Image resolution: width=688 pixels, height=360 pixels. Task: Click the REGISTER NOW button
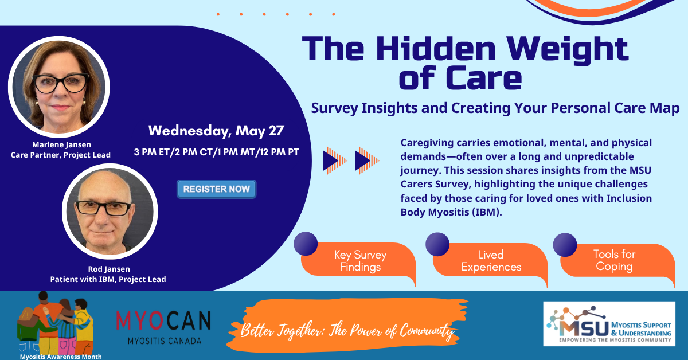[x=217, y=189]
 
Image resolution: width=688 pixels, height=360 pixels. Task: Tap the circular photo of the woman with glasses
[x=58, y=87]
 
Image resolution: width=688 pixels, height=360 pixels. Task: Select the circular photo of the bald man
[x=110, y=212]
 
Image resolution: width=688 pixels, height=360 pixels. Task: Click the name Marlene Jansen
[x=62, y=144]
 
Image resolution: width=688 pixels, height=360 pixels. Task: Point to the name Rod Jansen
[x=109, y=269]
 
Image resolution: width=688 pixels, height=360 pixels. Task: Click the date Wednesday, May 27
[x=216, y=131]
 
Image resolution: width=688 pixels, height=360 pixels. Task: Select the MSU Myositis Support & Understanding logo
[x=609, y=324]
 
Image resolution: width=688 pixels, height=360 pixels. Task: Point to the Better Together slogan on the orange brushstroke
[x=347, y=331]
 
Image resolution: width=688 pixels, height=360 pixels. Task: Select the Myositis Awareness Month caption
[x=61, y=357]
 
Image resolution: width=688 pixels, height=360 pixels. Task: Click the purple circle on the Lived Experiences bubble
[x=437, y=244]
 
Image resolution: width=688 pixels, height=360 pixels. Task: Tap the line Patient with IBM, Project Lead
[x=108, y=279]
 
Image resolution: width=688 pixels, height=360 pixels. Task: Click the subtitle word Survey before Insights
[x=334, y=108]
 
